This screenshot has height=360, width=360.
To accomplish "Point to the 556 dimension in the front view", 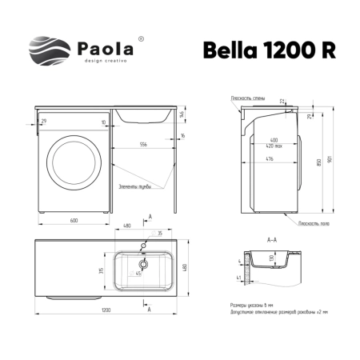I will point(143,145).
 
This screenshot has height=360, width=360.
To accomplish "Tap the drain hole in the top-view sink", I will point(144,262).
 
